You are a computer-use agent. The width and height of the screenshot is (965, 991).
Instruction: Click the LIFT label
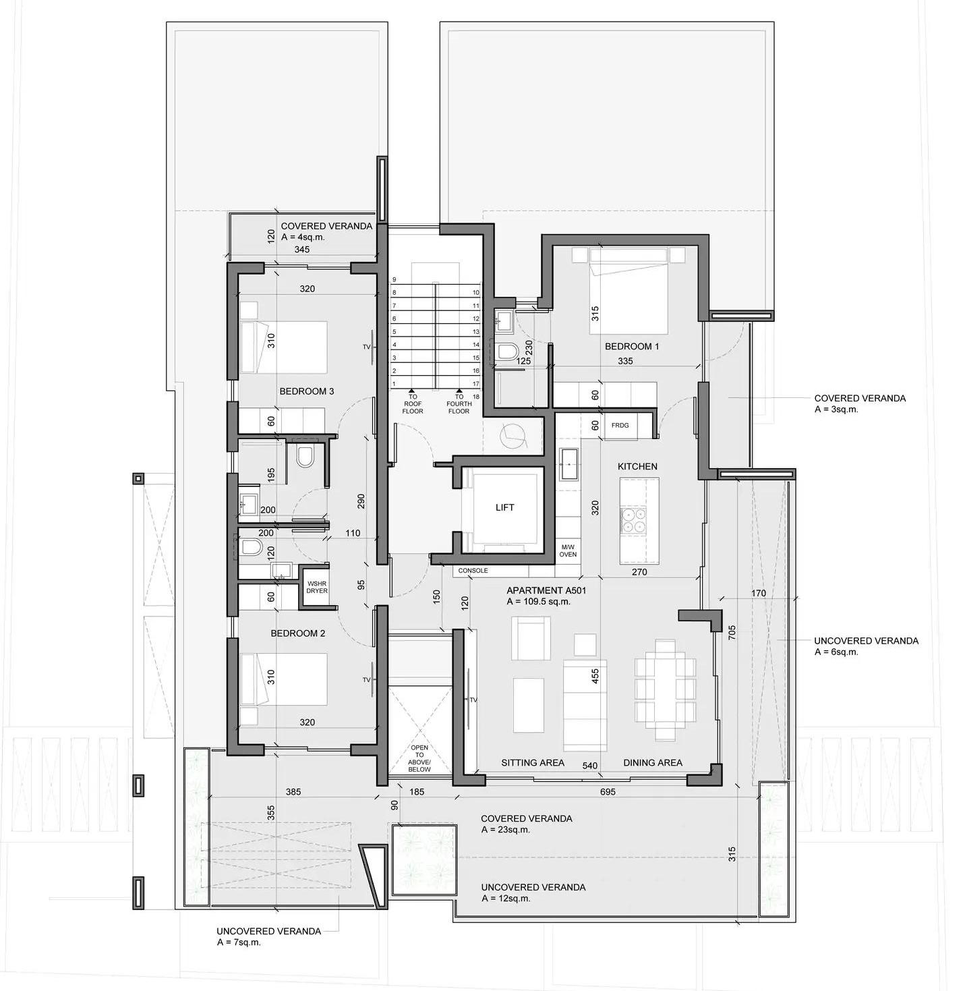click(504, 507)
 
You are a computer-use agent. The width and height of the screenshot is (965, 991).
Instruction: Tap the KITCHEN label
click(637, 466)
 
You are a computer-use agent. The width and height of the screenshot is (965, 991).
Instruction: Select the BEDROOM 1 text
click(632, 346)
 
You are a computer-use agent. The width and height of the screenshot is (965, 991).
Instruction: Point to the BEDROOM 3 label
click(306, 391)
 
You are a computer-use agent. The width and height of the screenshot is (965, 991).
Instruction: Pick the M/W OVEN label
click(568, 550)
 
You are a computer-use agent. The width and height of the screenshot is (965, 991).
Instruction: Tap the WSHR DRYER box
click(317, 587)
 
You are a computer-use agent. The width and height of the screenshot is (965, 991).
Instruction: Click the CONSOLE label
click(473, 570)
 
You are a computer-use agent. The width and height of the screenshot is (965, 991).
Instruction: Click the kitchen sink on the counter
click(568, 464)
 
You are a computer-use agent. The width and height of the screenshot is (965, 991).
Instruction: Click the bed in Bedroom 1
click(628, 291)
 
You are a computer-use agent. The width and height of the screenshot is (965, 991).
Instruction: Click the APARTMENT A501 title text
click(546, 591)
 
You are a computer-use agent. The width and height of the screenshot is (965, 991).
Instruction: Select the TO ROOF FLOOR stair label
click(412, 404)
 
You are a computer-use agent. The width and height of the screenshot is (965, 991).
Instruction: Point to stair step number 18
click(476, 397)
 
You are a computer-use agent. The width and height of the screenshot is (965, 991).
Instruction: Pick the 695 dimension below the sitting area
click(608, 792)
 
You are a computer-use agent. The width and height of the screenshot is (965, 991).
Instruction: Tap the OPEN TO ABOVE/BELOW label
click(419, 758)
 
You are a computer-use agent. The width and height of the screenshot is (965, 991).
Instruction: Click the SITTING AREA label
click(532, 762)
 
